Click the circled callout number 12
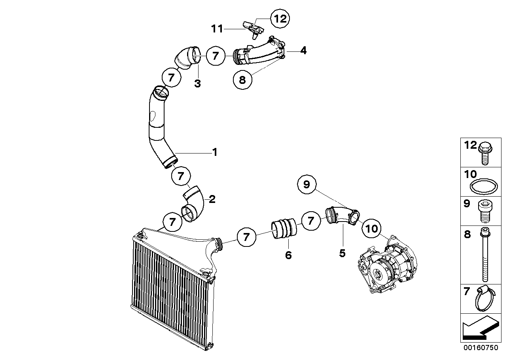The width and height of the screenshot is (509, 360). point(280,19)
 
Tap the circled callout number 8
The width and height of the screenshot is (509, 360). point(242,80)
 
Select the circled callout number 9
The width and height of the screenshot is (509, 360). point(307,184)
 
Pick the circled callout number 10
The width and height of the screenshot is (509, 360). point(372,228)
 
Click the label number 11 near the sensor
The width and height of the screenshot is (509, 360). point(217,29)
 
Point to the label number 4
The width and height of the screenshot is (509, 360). point(303,50)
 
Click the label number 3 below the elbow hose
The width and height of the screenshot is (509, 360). point(197,83)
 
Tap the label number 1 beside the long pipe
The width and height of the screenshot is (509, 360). point(215,152)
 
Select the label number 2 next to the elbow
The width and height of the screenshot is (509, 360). point(212,199)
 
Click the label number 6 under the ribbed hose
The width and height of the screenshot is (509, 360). point(288,255)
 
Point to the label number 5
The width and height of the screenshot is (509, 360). point(342,253)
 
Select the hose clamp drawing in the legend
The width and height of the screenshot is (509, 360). point(485,298)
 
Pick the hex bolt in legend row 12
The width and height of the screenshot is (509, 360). point(485,153)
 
